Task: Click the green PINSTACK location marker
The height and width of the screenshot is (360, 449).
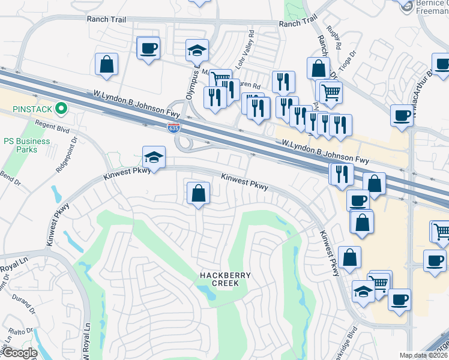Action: (x=61, y=109)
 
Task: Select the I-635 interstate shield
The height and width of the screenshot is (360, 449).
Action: (x=173, y=127)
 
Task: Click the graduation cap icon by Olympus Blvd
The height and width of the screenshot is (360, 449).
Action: (x=196, y=50)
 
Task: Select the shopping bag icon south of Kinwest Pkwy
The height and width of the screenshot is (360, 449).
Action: (x=198, y=193)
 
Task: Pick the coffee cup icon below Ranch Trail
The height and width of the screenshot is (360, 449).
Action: (x=148, y=48)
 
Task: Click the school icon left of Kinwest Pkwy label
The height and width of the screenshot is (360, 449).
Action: (x=154, y=158)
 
